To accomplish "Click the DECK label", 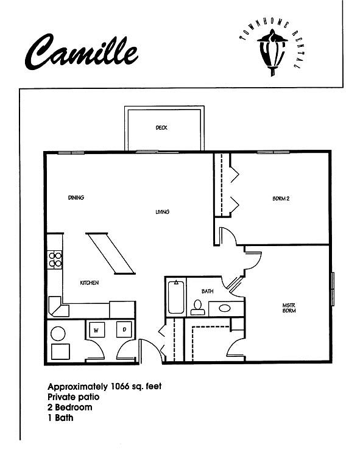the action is [x=161, y=128].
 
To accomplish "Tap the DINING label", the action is [x=76, y=198].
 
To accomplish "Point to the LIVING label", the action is [x=162, y=212].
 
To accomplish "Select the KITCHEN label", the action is [x=89, y=283].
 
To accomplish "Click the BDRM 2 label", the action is [x=281, y=199].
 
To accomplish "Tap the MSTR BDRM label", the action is [x=289, y=308].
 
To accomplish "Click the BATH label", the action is [x=207, y=291].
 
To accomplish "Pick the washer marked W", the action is [x=96, y=330].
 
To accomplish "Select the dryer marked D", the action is [x=124, y=329].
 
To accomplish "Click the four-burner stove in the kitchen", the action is [x=55, y=260].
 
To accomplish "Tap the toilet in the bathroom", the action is [x=198, y=308].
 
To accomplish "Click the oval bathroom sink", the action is [x=224, y=308].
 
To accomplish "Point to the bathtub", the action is [x=176, y=297].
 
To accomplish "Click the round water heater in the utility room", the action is [x=58, y=334].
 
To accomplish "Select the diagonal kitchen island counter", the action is [x=111, y=253].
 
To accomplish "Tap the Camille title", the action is [x=81, y=52].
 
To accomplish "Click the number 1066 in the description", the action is [x=120, y=386].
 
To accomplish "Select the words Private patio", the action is [x=73, y=397].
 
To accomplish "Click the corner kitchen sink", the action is [x=58, y=308].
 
